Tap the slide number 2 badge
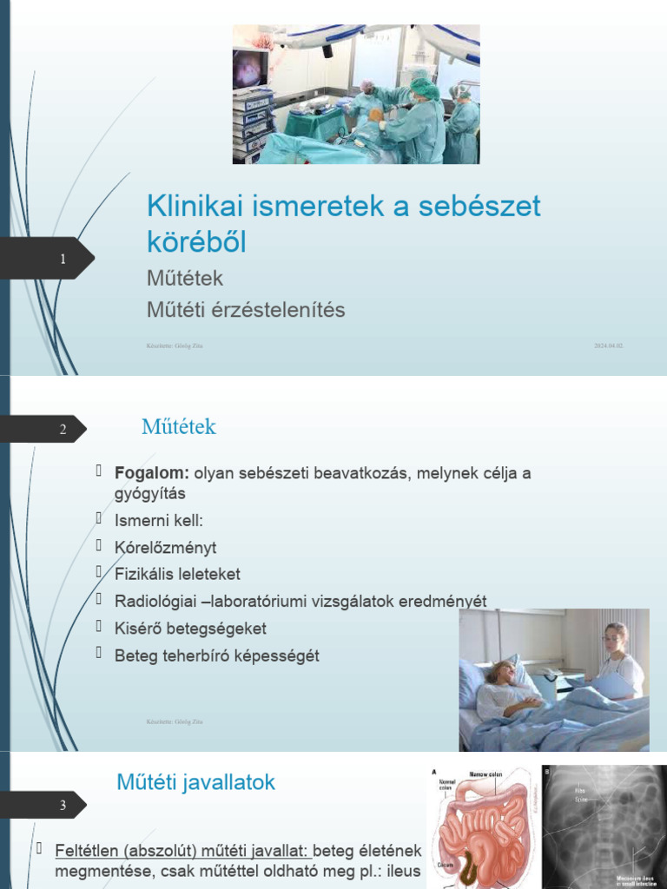(63, 429)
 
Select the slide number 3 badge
(63, 806)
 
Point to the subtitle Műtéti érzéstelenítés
(246, 310)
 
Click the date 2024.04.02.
(609, 346)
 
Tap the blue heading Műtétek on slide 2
(179, 427)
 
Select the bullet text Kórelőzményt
(165, 548)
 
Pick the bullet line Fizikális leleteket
(177, 575)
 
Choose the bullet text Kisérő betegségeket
(190, 629)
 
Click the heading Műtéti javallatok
(196, 782)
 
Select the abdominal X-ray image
(604, 826)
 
